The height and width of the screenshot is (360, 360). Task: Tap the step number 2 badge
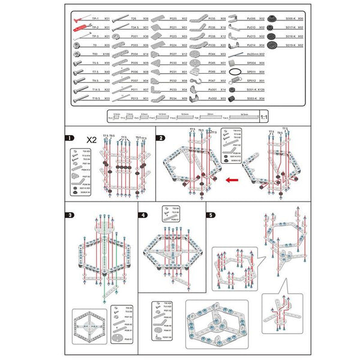(161, 138)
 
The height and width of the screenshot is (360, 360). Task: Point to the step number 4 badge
(143, 215)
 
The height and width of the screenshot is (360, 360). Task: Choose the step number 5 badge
(211, 214)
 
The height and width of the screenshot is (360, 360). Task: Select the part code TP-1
(95, 19)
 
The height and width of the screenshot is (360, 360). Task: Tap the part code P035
(212, 19)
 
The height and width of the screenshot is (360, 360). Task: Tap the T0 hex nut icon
(78, 45)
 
